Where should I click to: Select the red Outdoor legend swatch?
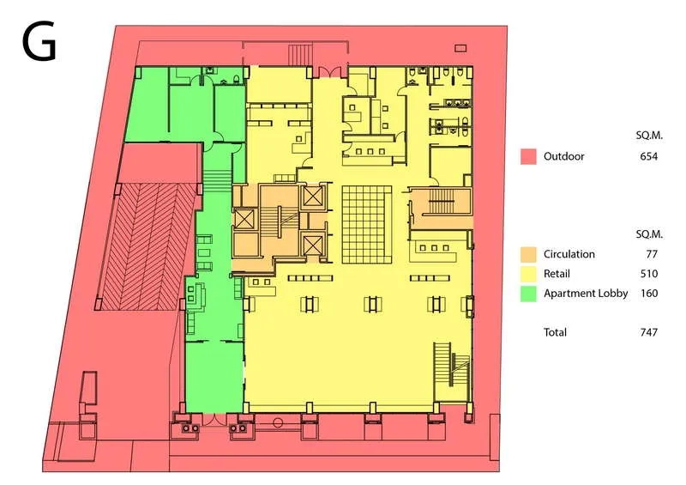click(x=528, y=156)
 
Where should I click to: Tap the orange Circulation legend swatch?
click(x=528, y=255)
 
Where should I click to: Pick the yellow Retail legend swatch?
click(x=528, y=275)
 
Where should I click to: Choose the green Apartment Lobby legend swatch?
click(x=528, y=294)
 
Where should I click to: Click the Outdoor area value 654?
click(x=648, y=156)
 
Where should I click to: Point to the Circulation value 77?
click(x=652, y=254)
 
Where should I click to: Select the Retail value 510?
click(x=649, y=274)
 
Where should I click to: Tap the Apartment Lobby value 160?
click(x=649, y=293)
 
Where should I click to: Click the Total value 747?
click(x=648, y=332)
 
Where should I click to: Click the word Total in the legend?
click(x=555, y=332)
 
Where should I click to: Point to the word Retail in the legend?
click(x=557, y=274)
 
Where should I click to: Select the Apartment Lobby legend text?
click(x=586, y=294)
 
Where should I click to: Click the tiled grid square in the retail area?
click(x=367, y=224)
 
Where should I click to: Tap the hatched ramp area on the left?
click(x=147, y=246)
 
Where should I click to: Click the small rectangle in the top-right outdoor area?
click(x=460, y=48)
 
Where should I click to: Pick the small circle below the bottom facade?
click(x=277, y=423)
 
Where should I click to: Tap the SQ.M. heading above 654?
click(x=649, y=136)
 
